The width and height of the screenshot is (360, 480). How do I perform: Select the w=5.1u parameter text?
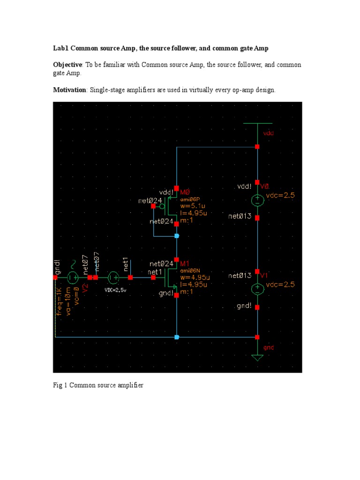tap(193, 206)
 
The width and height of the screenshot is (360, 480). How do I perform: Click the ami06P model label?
tap(190, 199)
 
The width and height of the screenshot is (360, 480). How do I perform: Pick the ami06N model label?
tap(190, 270)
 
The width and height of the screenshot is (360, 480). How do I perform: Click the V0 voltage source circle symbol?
tap(257, 200)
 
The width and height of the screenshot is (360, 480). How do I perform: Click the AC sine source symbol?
tap(73, 277)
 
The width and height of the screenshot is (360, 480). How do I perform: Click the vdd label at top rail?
tap(268, 133)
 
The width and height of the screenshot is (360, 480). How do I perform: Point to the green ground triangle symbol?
tap(257, 358)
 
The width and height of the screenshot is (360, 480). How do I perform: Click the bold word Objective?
tap(67, 64)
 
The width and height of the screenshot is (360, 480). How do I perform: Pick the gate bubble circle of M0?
tap(162, 206)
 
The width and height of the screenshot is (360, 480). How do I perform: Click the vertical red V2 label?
tap(85, 287)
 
